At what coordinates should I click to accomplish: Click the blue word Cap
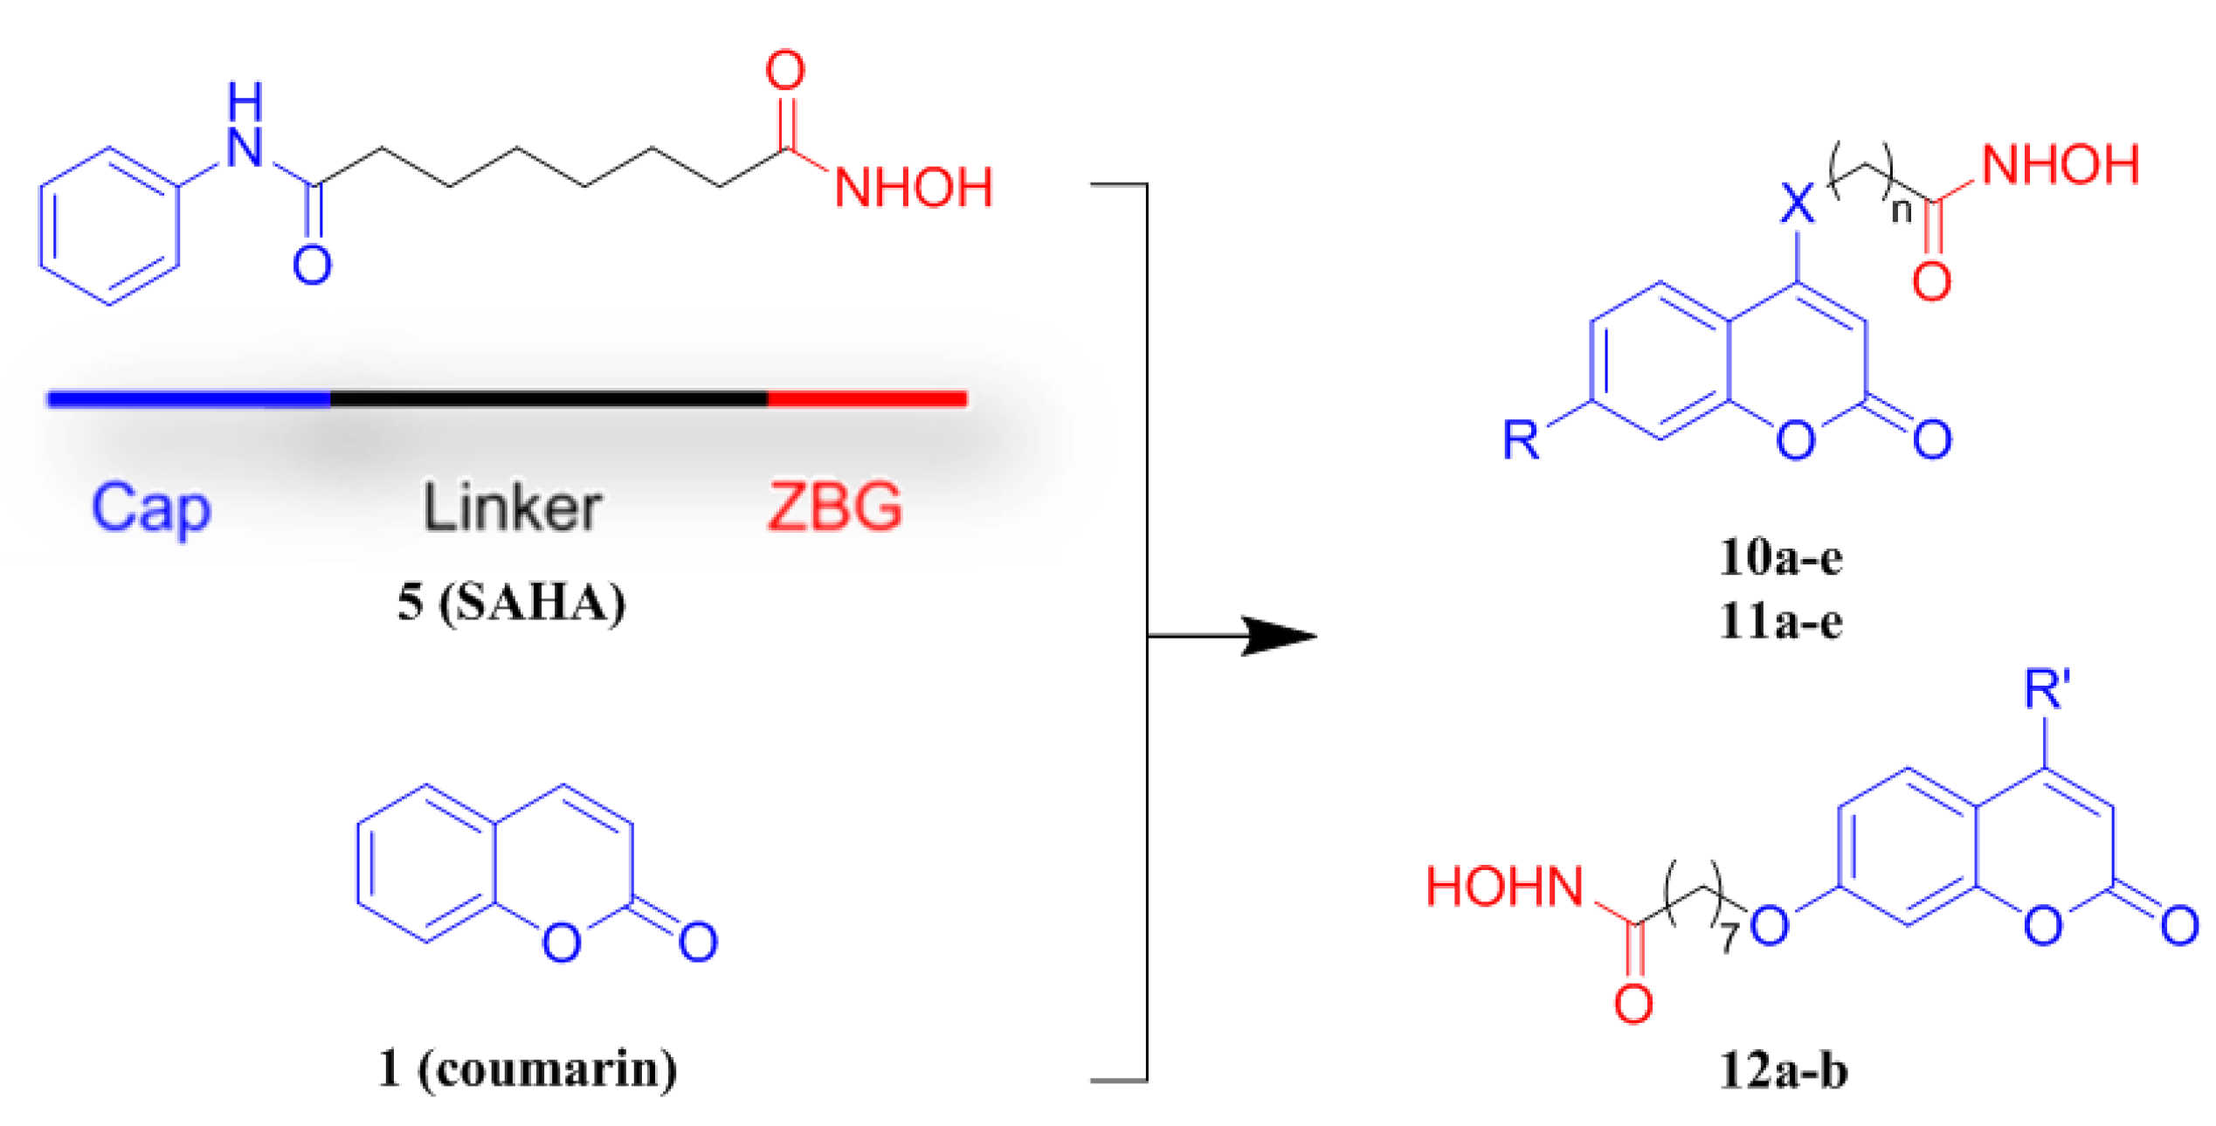coord(150,508)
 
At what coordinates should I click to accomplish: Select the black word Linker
coord(512,508)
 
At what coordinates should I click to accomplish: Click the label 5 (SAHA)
coord(512,603)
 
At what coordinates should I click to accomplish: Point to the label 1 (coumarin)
coord(528,1068)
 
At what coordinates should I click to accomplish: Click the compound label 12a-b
coord(1783,1071)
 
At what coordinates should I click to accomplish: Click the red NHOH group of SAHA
coord(914,187)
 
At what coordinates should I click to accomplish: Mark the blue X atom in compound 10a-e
coord(1797,204)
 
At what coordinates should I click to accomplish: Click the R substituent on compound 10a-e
coord(1521,439)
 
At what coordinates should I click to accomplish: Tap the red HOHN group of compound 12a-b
coord(1505,888)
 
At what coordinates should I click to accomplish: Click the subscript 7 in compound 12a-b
coord(1729,938)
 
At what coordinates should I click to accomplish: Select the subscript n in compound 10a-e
coord(1902,210)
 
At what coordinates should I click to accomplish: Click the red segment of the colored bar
coord(866,399)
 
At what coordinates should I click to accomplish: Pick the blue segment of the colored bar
coord(189,399)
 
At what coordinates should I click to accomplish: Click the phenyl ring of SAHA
coord(109,226)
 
